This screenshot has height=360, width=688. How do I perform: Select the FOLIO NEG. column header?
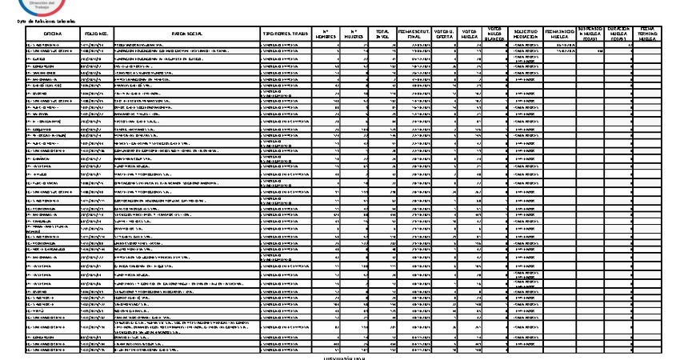click(x=97, y=34)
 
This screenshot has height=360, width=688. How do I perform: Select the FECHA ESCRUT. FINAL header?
click(x=414, y=34)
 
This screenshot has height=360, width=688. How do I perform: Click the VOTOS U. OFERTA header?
click(x=446, y=34)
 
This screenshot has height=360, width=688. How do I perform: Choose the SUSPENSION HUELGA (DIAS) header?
click(x=590, y=34)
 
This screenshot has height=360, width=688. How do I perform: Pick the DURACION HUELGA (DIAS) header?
click(x=620, y=34)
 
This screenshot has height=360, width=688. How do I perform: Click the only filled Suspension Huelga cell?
click(x=590, y=53)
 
